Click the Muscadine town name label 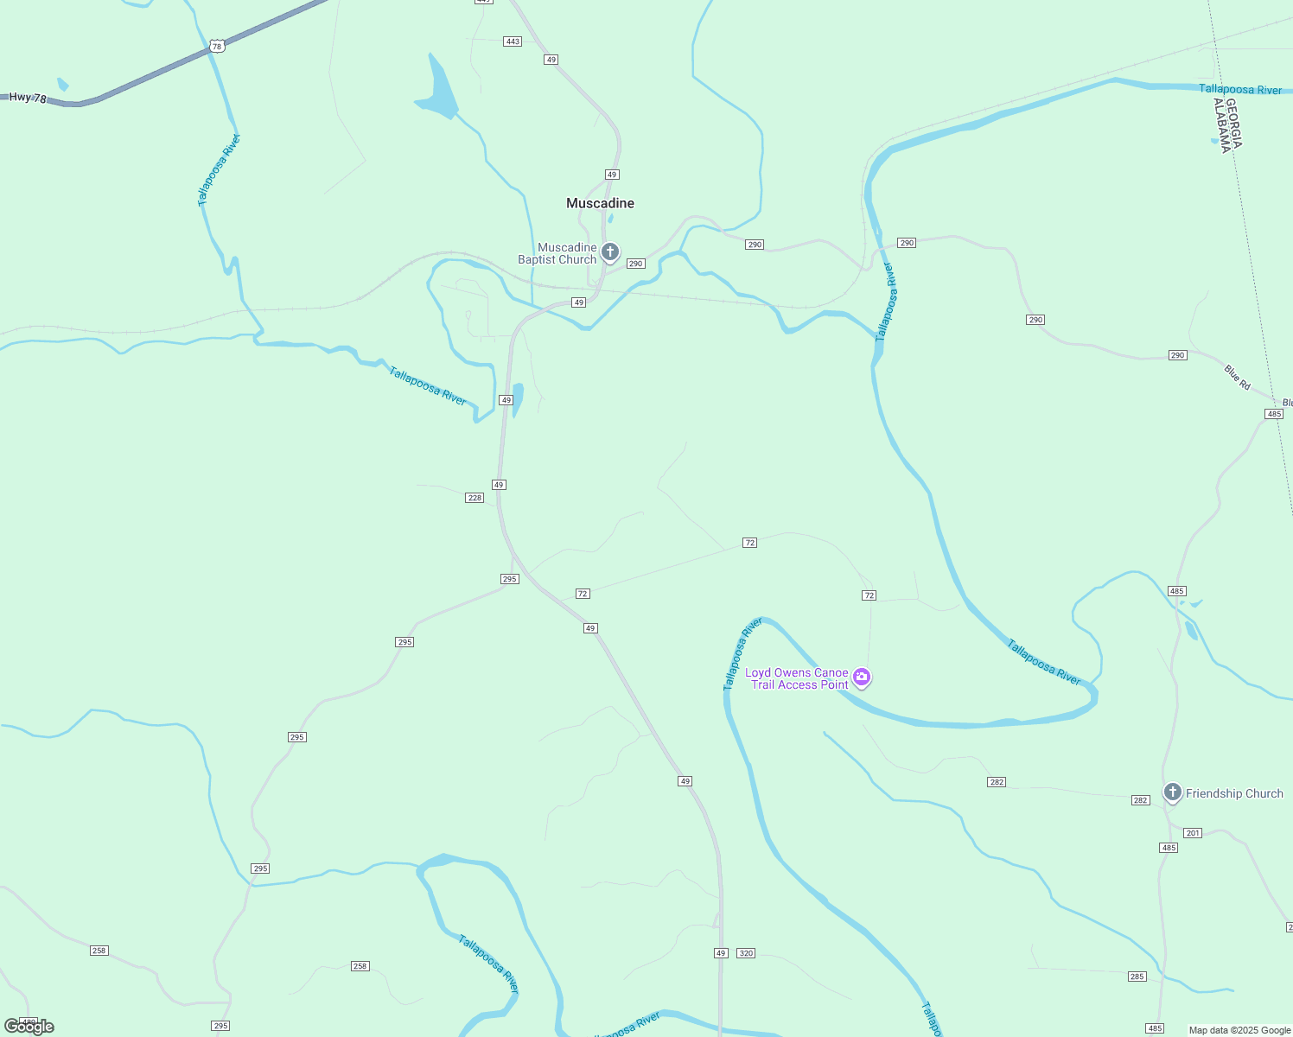pos(600,203)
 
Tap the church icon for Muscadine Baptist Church pos(610,252)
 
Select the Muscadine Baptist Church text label pos(558,254)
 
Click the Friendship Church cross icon pos(1172,792)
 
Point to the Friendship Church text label pos(1234,793)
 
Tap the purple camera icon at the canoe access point pos(861,678)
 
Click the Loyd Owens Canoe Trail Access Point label pos(798,678)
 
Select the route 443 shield pos(513,41)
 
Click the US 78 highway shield pos(217,47)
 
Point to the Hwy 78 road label pos(28,98)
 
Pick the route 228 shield pos(475,498)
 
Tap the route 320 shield pos(746,953)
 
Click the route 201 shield pos(1193,833)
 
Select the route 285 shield pos(1137,977)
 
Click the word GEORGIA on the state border pos(1233,124)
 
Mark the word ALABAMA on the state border pos(1221,126)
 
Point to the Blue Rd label pos(1238,377)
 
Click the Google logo pos(29,1027)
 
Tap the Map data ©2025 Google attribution pos(1239,1030)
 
